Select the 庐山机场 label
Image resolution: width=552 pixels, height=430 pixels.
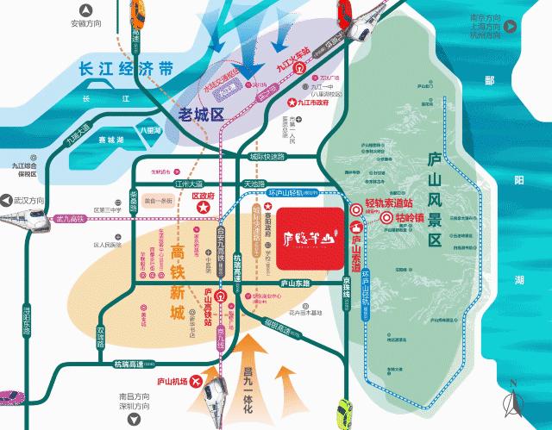point(173,380)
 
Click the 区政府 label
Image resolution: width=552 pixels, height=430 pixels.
point(202,196)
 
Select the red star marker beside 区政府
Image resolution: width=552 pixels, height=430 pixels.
point(203,211)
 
